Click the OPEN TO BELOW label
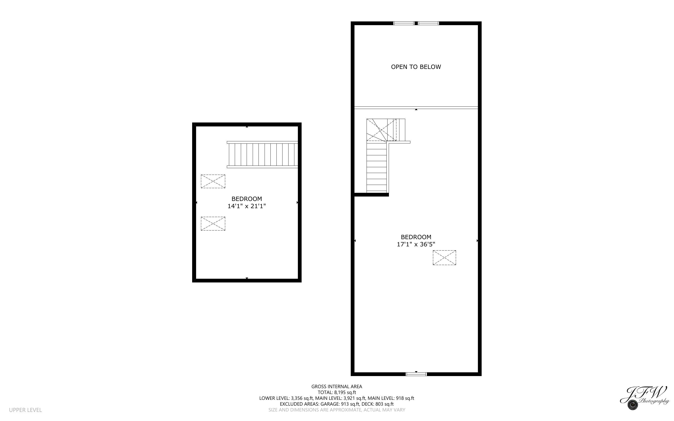[416, 67]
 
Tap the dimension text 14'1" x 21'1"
[247, 206]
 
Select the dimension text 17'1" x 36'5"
[416, 244]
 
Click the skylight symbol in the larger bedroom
[444, 258]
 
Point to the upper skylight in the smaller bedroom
[213, 181]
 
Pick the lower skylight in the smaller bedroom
[213, 224]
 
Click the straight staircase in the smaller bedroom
[262, 155]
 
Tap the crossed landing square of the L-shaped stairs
[377, 130]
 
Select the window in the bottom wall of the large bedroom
[416, 374]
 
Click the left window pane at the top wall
[404, 23]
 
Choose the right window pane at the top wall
[429, 23]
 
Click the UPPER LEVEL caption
[25, 410]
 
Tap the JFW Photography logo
[644, 398]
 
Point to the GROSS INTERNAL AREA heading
[337, 387]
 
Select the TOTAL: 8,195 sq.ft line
[337, 392]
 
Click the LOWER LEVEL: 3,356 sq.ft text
[286, 398]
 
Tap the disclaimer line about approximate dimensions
[337, 410]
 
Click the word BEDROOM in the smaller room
[247, 199]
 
